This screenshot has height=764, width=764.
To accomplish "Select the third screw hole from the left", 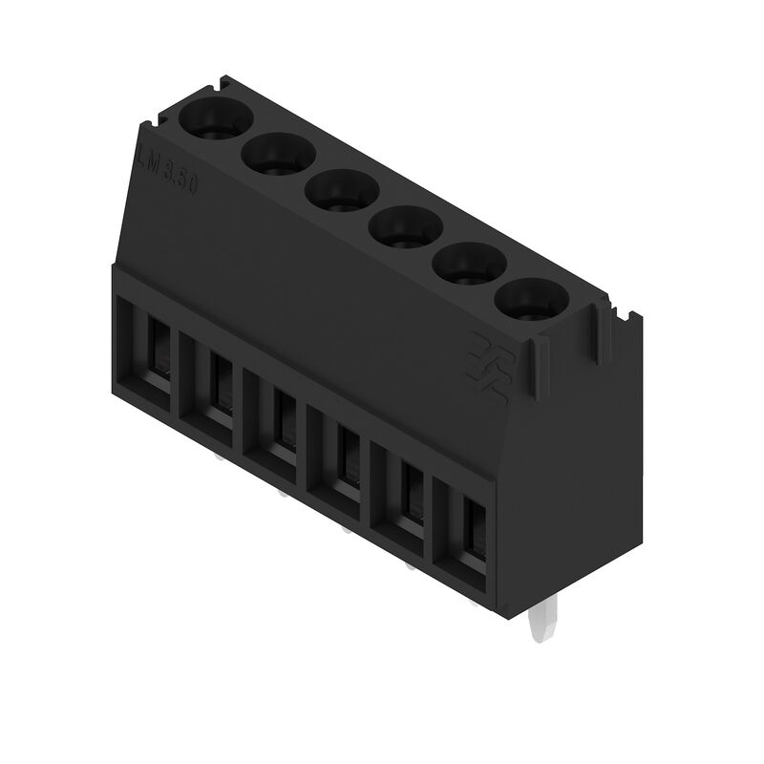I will click(341, 188).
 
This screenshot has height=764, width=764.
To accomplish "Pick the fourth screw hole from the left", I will click(403, 225).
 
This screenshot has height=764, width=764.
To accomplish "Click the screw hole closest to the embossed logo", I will click(532, 299).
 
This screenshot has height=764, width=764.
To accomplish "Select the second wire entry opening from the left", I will click(212, 386).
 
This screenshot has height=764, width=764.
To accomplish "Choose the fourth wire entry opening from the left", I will click(340, 457).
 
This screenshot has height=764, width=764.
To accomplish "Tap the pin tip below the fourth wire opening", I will click(344, 531).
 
